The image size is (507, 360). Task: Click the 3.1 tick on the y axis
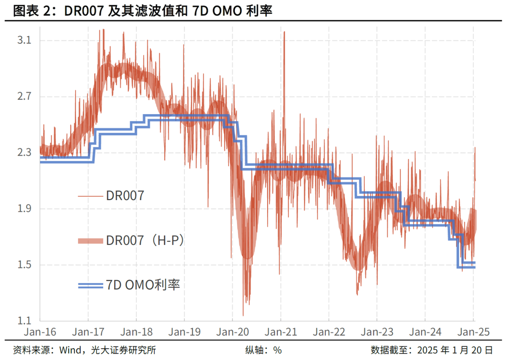(x=23, y=41)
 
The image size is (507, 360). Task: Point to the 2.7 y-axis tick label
(x=23, y=97)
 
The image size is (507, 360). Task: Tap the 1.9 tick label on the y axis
(x=23, y=209)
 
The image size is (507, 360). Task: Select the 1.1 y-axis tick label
(x=23, y=321)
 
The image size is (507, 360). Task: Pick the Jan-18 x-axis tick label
(x=136, y=332)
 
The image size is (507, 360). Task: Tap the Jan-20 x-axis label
(x=233, y=332)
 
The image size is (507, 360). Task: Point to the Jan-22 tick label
(x=329, y=332)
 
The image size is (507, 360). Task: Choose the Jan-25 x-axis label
(x=473, y=332)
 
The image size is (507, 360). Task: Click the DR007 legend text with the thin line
(x=125, y=196)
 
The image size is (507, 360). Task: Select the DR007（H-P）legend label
(x=145, y=240)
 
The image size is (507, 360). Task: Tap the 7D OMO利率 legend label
(x=143, y=284)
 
